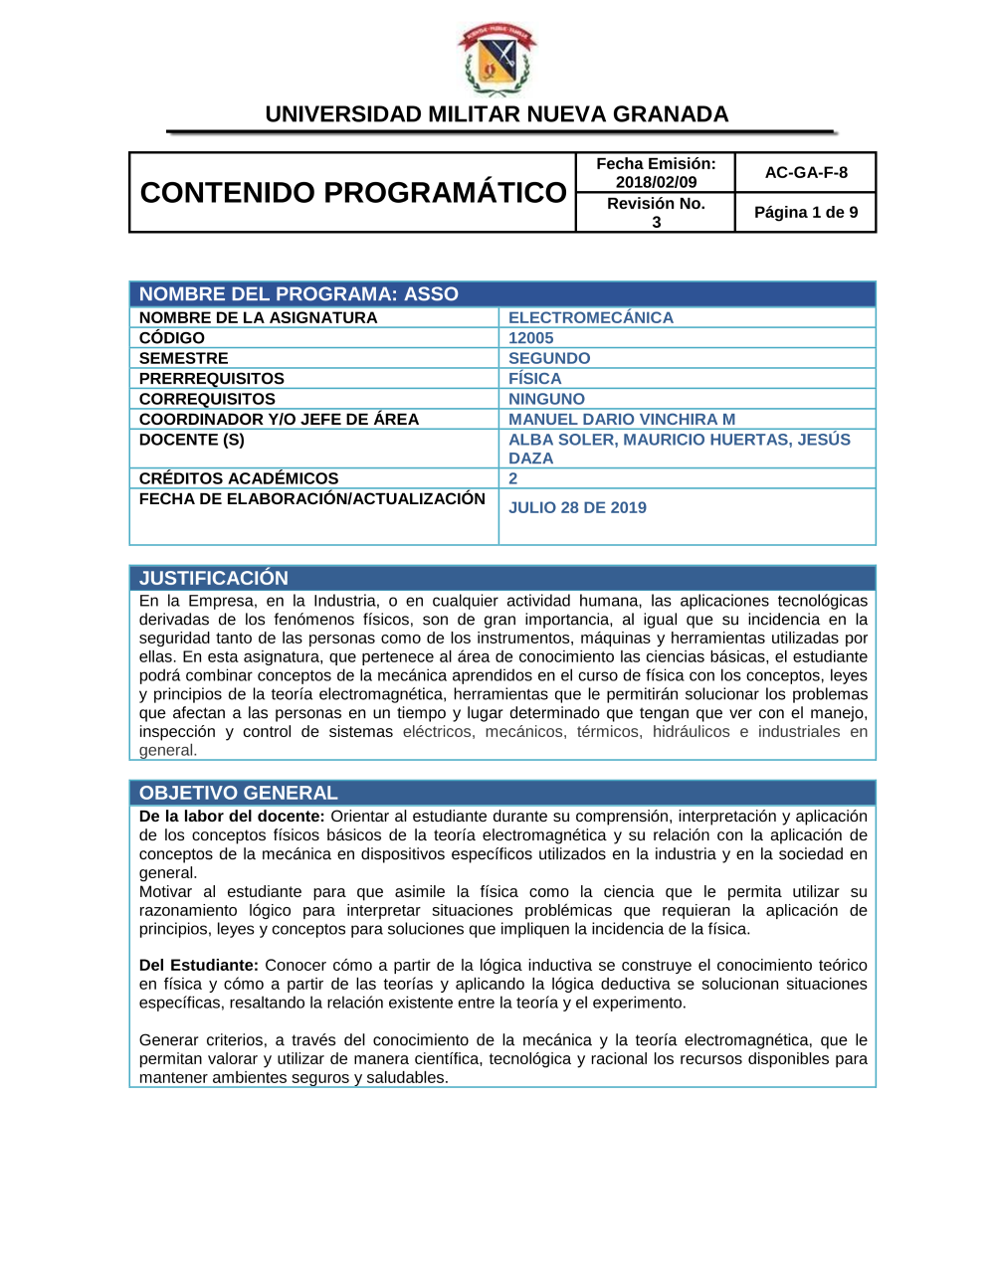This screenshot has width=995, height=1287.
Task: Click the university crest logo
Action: [x=497, y=60]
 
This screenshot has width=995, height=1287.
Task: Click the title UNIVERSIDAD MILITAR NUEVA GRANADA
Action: [x=497, y=114]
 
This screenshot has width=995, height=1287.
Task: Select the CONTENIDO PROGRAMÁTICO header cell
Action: [x=353, y=192]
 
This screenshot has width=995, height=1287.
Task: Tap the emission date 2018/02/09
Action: [x=656, y=182]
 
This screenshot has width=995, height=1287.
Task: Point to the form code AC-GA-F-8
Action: [x=806, y=172]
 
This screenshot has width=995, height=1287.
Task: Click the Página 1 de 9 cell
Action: [x=806, y=212]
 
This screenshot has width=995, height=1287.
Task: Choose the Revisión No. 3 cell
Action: [x=656, y=212]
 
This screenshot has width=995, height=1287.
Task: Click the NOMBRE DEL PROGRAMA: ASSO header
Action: [x=298, y=294]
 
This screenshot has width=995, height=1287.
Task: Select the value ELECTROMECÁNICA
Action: [x=591, y=318]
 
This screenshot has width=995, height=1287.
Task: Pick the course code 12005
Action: [x=531, y=338]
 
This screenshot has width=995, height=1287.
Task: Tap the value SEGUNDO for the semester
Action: [x=549, y=358]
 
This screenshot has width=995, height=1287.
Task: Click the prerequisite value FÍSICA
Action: [x=535, y=379]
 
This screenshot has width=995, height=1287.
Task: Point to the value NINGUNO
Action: [x=546, y=399]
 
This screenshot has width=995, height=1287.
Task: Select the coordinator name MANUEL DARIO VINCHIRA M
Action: [x=622, y=420]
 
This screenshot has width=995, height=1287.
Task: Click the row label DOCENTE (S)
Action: [x=192, y=440]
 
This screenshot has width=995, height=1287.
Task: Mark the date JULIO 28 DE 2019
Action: [x=577, y=507]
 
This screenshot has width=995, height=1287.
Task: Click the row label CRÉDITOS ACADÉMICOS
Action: [x=239, y=478]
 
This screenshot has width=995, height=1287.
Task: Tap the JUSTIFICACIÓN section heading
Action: [x=214, y=578]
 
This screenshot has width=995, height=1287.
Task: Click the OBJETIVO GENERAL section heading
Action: [x=239, y=793]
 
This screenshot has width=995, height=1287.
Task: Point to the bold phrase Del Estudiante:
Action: [x=199, y=965]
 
